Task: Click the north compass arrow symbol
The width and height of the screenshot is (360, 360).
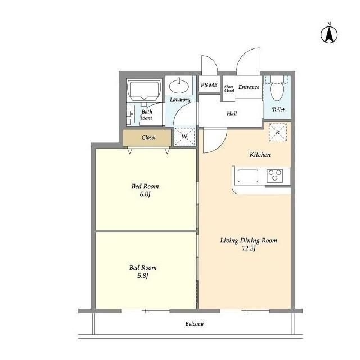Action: (329, 35)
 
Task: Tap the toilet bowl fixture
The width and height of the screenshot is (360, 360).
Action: (277, 91)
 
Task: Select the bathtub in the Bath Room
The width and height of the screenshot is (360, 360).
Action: (144, 90)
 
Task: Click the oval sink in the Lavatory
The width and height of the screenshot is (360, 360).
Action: (179, 85)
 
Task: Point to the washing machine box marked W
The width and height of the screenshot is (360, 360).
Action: (184, 136)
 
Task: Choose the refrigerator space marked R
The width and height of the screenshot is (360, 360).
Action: (278, 132)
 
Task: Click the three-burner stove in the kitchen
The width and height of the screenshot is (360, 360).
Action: (275, 175)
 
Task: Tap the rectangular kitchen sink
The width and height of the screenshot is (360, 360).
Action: (248, 176)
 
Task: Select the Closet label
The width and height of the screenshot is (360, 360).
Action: (148, 137)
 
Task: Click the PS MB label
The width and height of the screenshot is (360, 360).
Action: (209, 85)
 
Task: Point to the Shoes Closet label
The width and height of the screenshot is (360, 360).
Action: (229, 89)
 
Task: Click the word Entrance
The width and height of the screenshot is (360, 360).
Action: (249, 87)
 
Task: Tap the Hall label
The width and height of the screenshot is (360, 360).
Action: (232, 114)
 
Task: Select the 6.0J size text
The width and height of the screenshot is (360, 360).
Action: (145, 195)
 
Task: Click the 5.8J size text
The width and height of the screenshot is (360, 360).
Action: (143, 276)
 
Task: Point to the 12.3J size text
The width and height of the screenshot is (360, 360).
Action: (249, 248)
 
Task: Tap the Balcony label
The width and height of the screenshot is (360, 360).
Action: (195, 324)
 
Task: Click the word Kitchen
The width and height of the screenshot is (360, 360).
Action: (260, 155)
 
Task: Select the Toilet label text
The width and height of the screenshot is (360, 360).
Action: (278, 110)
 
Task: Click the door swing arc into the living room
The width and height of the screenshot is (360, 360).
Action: (220, 146)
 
